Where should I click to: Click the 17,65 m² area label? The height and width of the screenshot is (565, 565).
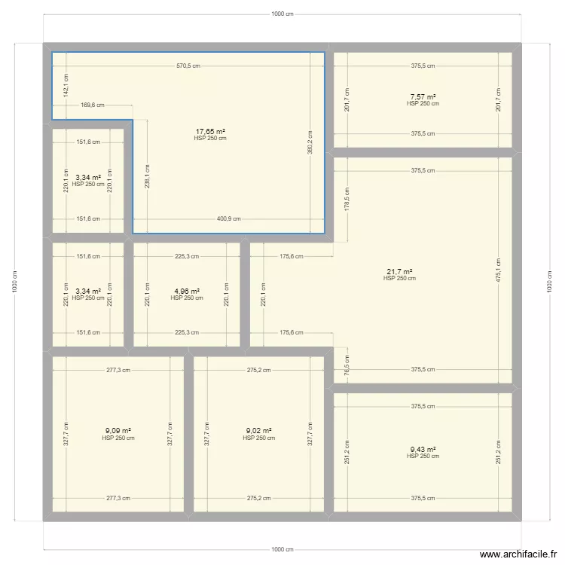pyautogui.click(x=210, y=131)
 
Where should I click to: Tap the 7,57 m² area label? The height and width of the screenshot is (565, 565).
pyautogui.click(x=423, y=96)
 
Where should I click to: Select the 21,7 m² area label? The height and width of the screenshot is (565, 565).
pyautogui.click(x=399, y=272)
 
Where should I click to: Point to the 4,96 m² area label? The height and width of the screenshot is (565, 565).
pyautogui.click(x=187, y=291)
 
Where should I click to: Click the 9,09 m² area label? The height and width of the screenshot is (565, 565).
pyautogui.click(x=118, y=431)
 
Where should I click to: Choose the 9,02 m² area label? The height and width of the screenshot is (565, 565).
pyautogui.click(x=259, y=431)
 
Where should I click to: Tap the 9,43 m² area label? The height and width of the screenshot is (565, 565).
pyautogui.click(x=423, y=449)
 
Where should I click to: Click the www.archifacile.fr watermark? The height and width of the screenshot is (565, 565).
pyautogui.click(x=512, y=553)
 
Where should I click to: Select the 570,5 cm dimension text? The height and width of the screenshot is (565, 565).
pyautogui.click(x=188, y=66)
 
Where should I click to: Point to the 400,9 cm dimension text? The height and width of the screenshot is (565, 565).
pyautogui.click(x=229, y=219)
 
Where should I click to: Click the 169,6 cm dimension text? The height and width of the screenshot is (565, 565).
pyautogui.click(x=92, y=105)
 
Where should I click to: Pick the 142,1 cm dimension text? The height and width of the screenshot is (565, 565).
pyautogui.click(x=66, y=85)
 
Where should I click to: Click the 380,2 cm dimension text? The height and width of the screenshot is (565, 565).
pyautogui.click(x=310, y=142)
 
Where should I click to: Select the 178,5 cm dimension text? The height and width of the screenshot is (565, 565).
pyautogui.click(x=346, y=199)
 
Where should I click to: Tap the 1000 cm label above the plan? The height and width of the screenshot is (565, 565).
pyautogui.click(x=282, y=14)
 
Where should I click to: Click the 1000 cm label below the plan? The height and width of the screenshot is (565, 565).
pyautogui.click(x=282, y=549)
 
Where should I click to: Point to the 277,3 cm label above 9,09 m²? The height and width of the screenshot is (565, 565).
pyautogui.click(x=118, y=370)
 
